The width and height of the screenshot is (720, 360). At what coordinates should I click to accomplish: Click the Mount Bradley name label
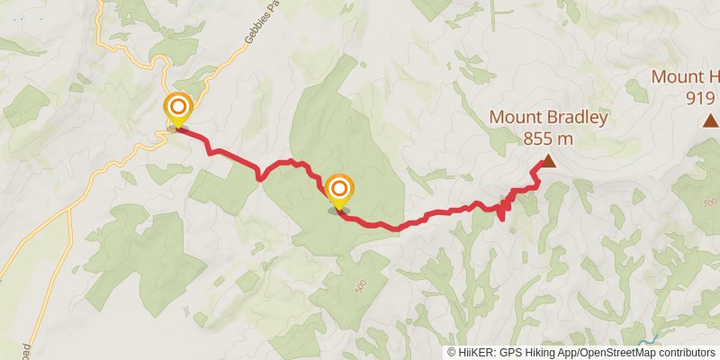549,118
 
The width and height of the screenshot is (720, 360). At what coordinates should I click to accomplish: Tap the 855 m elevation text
547,139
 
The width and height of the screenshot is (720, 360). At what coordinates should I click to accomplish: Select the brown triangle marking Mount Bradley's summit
547,163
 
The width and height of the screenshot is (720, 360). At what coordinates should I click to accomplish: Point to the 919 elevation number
701,98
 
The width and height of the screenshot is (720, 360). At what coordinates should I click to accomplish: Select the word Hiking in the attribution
542,353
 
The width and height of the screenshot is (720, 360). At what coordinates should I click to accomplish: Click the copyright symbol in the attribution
452,353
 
